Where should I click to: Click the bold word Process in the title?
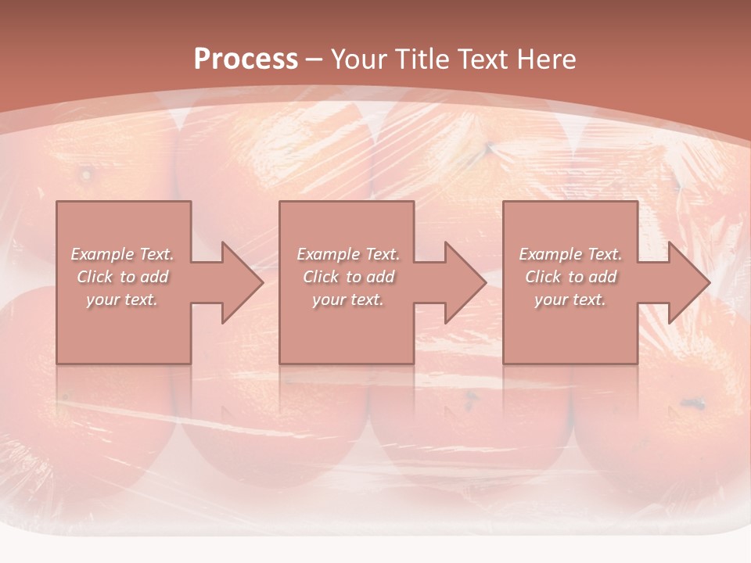coord(246,59)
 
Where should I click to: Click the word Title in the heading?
coord(423,59)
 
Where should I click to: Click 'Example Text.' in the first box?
coord(123,254)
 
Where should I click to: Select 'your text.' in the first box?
coord(122,299)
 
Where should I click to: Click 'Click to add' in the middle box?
coord(348,277)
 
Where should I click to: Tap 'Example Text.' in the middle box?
coord(348,254)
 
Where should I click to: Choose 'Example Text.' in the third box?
coord(570,254)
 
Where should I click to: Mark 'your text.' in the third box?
coord(570,299)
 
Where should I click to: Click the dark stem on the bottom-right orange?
coord(692,403)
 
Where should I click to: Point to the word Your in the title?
coord(362,59)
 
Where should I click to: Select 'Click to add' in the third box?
coord(570,277)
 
